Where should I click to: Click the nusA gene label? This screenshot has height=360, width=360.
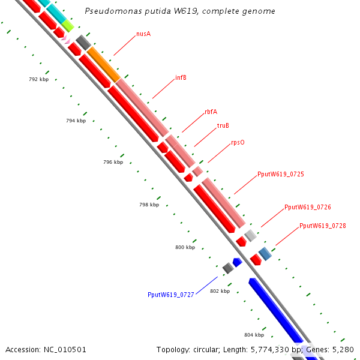tap(143, 34)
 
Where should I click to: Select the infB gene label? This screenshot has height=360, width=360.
tap(181, 77)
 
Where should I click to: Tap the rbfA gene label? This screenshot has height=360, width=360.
tap(211, 112)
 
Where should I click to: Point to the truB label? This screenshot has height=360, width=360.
tap(223, 125)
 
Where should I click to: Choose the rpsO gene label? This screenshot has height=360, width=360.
tap(238, 143)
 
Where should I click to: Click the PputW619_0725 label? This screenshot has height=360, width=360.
tap(280, 174)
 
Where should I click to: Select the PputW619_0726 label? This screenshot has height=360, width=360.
tap(307, 207)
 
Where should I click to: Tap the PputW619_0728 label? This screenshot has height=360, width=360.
tap(322, 226)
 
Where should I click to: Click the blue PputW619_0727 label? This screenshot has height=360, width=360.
tap(170, 295)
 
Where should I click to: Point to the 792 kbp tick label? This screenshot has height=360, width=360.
tap(38, 79)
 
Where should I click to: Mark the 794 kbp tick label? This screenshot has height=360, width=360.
tap(76, 121)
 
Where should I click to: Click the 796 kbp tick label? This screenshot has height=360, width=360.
tap(113, 162)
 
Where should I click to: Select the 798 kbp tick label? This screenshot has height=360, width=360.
tap(149, 205)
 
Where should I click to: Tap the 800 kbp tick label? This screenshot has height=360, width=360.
tap(185, 247)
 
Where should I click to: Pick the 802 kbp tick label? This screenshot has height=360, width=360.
tap(220, 291)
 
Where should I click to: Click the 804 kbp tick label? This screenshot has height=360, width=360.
tap(254, 335)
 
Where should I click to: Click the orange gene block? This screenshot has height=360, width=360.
tap(103, 65)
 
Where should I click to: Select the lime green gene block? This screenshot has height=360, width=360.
tap(68, 25)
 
